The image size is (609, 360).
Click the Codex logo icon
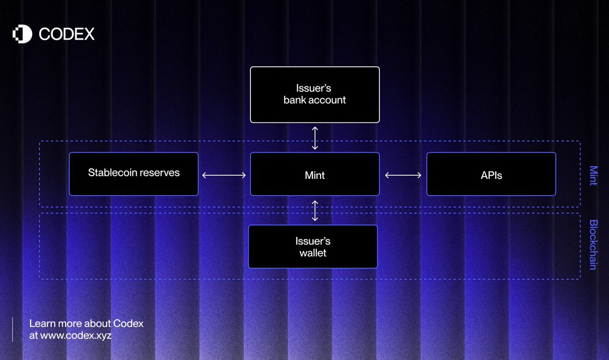tap(22, 34)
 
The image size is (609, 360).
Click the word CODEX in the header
tap(66, 34)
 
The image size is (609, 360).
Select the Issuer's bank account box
tap(315, 95)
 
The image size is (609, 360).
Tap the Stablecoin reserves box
tap(133, 174)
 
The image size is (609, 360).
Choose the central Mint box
tap(315, 174)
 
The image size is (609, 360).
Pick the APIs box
tap(491, 174)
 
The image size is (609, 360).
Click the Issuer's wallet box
tap(313, 246)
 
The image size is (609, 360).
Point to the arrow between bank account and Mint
tap(315, 138)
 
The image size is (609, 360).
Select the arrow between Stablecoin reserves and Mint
tap(224, 175)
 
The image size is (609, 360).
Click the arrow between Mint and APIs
tap(403, 175)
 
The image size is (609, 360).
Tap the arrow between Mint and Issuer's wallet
tap(315, 210)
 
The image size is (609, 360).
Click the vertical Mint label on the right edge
tap(593, 175)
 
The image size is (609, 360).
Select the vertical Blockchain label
tap(593, 245)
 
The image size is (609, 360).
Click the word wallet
tap(313, 253)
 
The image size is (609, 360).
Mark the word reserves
tap(161, 173)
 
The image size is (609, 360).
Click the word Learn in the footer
tap(41, 324)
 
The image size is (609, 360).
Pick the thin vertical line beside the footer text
tap(13, 329)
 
